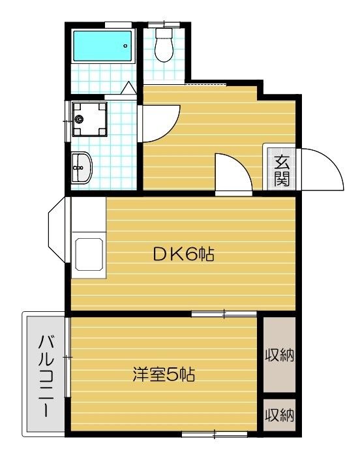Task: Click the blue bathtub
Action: (x=100, y=45)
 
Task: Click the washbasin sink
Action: (x=82, y=168)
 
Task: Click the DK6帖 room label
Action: (x=184, y=254)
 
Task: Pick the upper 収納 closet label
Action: (x=280, y=356)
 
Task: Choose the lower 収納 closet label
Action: (x=280, y=414)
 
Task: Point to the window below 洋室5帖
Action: (x=209, y=434)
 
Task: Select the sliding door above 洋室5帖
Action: (x=224, y=314)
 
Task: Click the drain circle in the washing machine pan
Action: (x=80, y=119)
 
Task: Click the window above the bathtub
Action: (x=118, y=25)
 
